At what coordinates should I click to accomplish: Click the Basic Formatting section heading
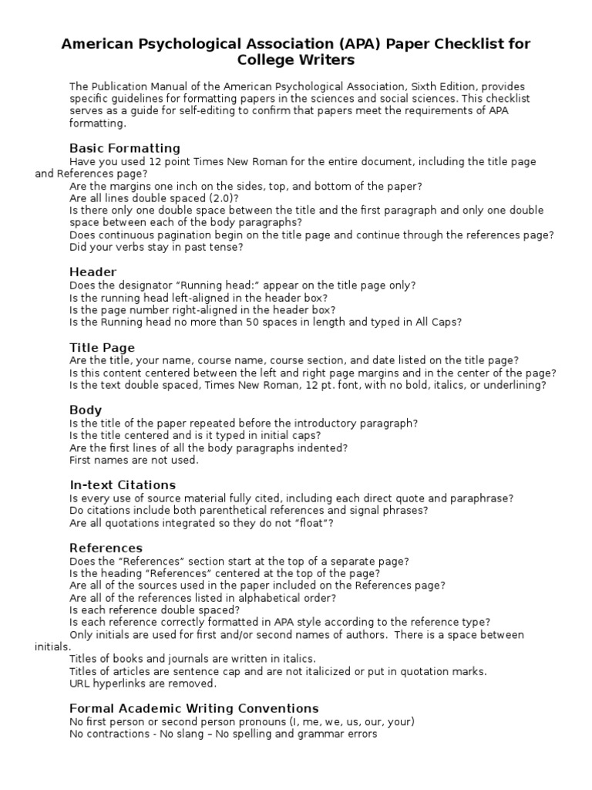click(125, 148)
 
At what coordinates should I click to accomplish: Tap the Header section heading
click(92, 272)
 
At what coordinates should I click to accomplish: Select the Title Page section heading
click(102, 347)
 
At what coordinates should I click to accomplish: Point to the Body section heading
click(86, 410)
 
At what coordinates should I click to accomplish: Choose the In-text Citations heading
click(123, 484)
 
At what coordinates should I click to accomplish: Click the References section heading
click(106, 548)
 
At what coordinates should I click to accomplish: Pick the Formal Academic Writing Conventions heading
click(193, 708)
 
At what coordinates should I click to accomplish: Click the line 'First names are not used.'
click(134, 460)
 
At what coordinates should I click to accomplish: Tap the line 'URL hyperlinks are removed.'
click(143, 684)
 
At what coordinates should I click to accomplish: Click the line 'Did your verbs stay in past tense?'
click(156, 248)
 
